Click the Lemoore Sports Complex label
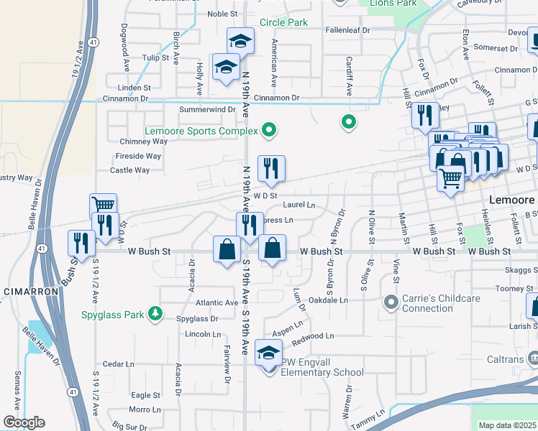[x=201, y=131]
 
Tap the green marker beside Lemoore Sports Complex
[x=270, y=131]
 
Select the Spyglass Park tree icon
[x=154, y=313]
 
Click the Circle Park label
[x=283, y=23]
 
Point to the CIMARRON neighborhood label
[x=25, y=292]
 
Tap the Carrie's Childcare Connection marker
[x=391, y=302]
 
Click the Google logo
[x=23, y=422]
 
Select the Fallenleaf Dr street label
[x=347, y=31]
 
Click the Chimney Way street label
[x=144, y=142]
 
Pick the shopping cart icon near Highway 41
[x=104, y=205]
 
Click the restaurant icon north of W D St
[x=271, y=169]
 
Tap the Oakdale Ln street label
[x=328, y=300]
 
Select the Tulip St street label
[x=155, y=57]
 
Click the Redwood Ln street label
[x=313, y=336]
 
